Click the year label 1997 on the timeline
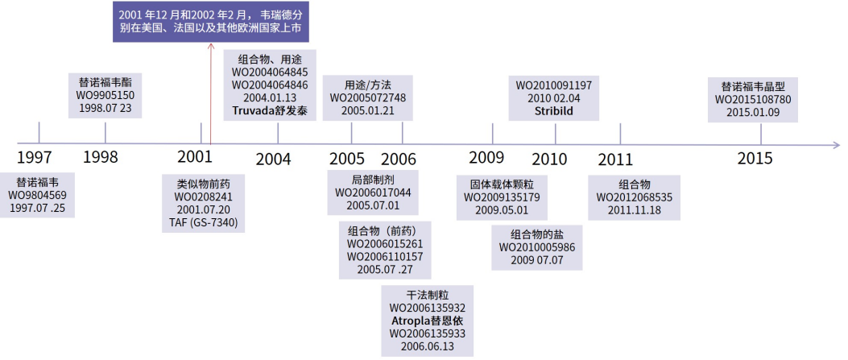point(35,157)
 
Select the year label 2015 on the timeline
point(755,159)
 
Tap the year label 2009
point(486,158)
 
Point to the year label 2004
point(274,159)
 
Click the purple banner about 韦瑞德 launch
point(211,23)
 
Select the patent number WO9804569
point(38,195)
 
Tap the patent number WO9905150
point(105,96)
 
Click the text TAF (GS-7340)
point(204,223)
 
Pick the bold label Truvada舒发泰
point(269,110)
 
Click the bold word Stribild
point(554,111)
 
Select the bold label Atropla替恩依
point(428,320)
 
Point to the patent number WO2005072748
point(368,97)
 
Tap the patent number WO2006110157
point(385,257)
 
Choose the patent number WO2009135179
point(502,197)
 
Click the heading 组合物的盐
point(537,234)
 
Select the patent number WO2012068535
point(635,197)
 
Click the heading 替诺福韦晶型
point(753,86)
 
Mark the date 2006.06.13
point(428,346)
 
